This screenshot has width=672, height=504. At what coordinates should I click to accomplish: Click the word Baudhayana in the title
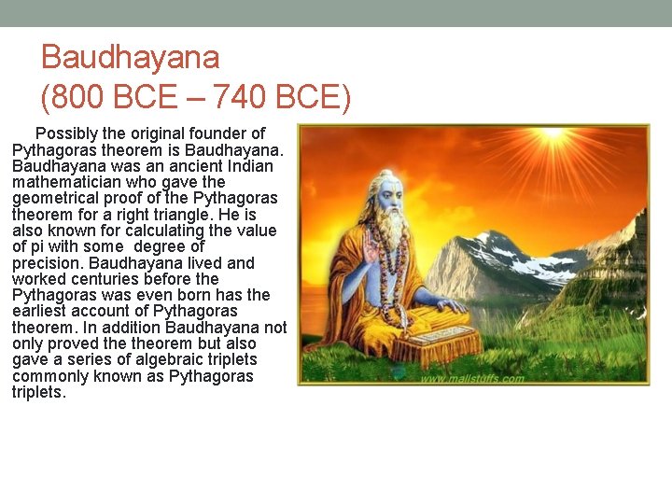(x=131, y=58)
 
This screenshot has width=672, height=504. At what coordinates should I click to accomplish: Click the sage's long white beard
(x=393, y=233)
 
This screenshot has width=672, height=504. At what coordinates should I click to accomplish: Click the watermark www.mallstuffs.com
(x=471, y=379)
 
